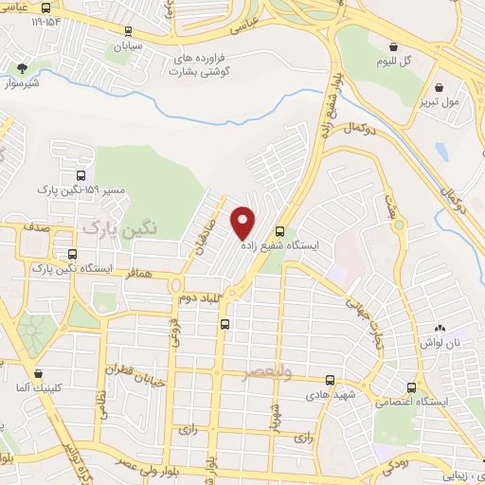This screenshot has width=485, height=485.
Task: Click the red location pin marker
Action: [243, 222]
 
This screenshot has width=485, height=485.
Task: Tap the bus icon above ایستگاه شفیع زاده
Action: [279, 230]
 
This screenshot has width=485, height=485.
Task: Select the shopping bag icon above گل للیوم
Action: [393, 46]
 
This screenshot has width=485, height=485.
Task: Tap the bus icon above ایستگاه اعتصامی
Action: [410, 387]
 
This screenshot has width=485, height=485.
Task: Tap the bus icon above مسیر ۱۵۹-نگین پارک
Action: [81, 176]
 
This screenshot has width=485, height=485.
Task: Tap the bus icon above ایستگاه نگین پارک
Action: [73, 254]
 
